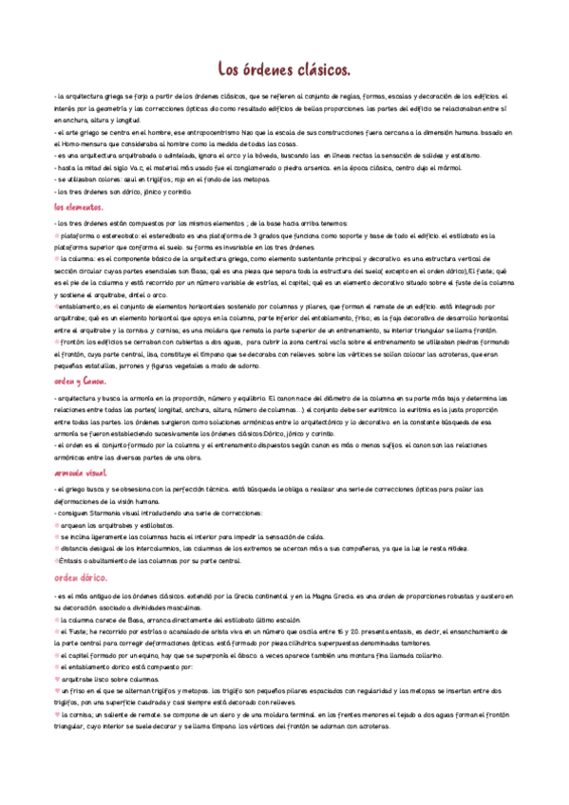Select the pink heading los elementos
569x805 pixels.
79,205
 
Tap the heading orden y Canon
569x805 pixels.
80,380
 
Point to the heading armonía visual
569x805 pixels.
81,472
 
